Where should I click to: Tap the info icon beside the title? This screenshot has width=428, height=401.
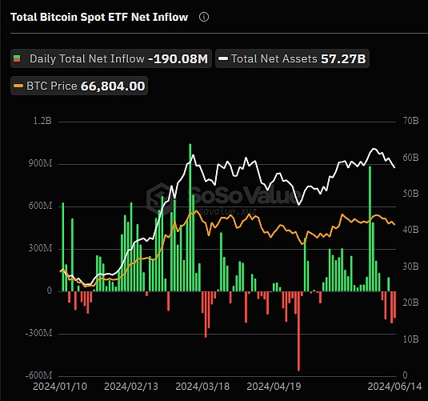[x=204, y=16]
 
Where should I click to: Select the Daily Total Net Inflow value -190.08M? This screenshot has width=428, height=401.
[x=178, y=58]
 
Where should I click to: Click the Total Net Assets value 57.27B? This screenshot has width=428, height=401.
[x=343, y=58]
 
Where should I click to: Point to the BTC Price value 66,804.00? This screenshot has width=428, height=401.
[x=113, y=85]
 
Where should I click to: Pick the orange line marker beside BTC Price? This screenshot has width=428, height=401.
[x=18, y=85]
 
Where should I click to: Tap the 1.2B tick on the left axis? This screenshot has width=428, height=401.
[x=42, y=122]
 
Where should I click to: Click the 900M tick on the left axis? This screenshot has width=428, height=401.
[x=39, y=164]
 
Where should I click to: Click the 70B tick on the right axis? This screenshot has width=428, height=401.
[x=410, y=122]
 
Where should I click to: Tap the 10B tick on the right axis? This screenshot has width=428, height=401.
[x=410, y=339]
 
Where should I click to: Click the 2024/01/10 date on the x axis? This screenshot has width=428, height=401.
[x=60, y=386]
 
